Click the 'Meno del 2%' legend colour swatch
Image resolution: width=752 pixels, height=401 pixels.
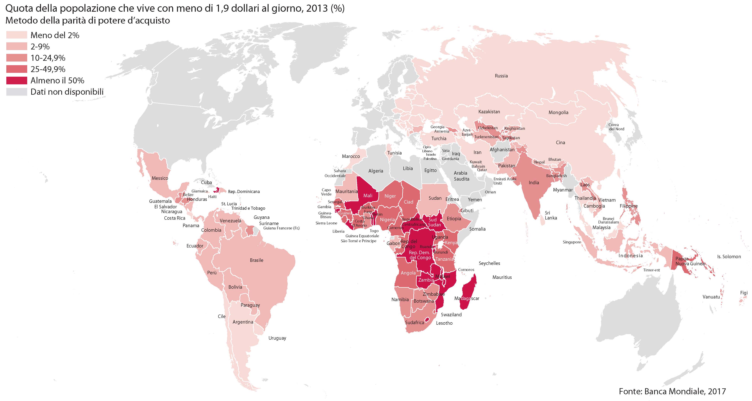pyautogui.click(x=17, y=35)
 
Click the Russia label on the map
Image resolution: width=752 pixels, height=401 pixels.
pyautogui.click(x=501, y=76)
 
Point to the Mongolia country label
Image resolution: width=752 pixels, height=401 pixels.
pyautogui.click(x=558, y=113)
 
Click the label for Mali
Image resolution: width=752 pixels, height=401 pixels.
pyautogui.click(x=368, y=196)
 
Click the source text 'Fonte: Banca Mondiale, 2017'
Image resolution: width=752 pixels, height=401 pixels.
pyautogui.click(x=672, y=391)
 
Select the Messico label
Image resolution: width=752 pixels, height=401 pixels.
pyautogui.click(x=160, y=178)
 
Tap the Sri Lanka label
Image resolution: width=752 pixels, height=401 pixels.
pyautogui.click(x=550, y=215)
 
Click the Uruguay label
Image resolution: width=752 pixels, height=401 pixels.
pyautogui.click(x=277, y=338)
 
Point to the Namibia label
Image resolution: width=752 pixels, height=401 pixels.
pyautogui.click(x=400, y=300)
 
